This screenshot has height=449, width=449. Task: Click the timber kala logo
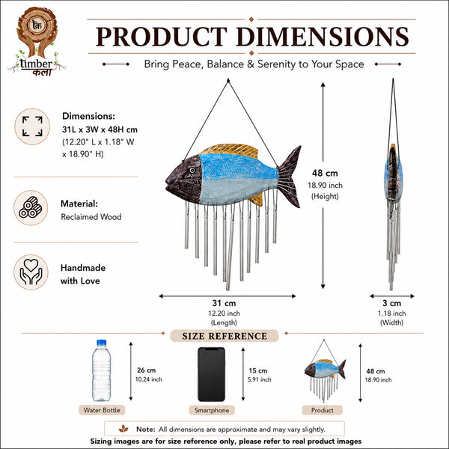[x=37, y=41]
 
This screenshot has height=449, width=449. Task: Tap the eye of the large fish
[x=192, y=171]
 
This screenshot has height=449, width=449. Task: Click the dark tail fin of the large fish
[x=289, y=177]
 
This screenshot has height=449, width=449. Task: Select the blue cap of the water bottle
[x=101, y=343]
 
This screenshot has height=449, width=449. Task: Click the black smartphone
[x=211, y=374]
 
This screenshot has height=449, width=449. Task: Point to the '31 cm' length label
[x=224, y=303]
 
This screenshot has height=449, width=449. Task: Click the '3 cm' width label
[x=391, y=303]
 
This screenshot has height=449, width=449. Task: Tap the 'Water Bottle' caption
[x=102, y=410]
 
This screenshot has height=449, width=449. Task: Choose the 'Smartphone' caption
[x=212, y=410]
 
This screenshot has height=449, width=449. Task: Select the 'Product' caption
[x=322, y=410]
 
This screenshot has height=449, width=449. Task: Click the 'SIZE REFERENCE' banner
[x=224, y=336]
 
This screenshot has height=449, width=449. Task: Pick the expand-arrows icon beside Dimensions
[x=32, y=126]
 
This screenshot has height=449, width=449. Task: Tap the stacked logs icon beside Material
[x=31, y=207]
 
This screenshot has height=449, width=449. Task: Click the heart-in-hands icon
[x=31, y=272]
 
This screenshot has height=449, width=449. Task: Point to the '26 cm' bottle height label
[x=147, y=370]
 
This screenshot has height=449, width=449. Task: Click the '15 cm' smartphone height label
[x=257, y=370]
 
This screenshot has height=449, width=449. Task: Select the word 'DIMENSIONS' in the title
[x=323, y=37]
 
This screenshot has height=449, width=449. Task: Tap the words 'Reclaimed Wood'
[x=91, y=217]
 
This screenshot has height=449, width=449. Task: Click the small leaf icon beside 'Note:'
[x=123, y=429]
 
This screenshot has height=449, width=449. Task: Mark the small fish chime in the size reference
[x=325, y=371]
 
